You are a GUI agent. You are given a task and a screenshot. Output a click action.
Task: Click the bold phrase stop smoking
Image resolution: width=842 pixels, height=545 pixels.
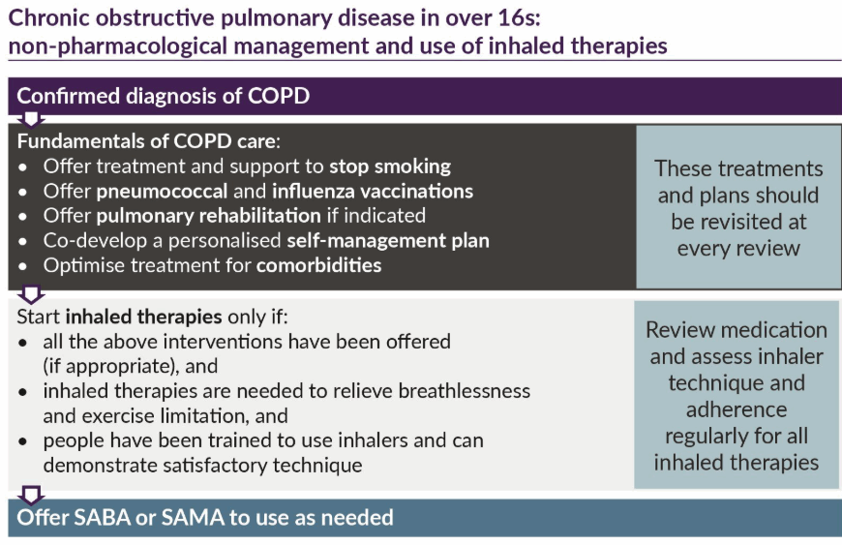point(390,167)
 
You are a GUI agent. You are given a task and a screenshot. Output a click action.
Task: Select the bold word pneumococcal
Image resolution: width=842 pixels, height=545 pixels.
point(162,192)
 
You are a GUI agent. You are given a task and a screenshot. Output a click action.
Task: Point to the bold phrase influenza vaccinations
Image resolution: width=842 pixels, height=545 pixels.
point(373,191)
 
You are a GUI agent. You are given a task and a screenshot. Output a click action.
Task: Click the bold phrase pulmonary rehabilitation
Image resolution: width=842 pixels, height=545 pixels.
point(208,216)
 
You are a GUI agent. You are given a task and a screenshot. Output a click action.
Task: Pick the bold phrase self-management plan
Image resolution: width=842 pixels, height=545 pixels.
point(388,240)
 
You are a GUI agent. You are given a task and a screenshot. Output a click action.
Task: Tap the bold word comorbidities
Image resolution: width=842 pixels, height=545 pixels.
point(319,265)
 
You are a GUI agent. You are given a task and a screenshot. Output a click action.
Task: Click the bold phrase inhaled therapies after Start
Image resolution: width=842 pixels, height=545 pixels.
point(143,317)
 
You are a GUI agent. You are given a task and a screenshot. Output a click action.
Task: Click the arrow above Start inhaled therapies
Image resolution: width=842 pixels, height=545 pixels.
point(31,293)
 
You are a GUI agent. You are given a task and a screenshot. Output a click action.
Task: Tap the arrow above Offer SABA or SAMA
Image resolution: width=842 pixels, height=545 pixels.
point(31,495)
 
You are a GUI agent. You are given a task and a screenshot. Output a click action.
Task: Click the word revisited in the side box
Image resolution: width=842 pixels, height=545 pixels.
point(738,222)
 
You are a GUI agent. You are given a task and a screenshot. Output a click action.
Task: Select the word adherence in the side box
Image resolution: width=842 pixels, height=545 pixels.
point(737,409)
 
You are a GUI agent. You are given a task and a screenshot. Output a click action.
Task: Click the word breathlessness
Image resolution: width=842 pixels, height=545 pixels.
point(464,391)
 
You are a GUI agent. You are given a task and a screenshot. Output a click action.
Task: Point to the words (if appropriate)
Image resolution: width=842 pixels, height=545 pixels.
point(111,367)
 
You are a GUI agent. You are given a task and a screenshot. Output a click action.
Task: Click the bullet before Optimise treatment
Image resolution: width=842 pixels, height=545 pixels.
point(22,266)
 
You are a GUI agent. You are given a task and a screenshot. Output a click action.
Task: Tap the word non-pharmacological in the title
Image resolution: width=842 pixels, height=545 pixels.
point(118,46)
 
